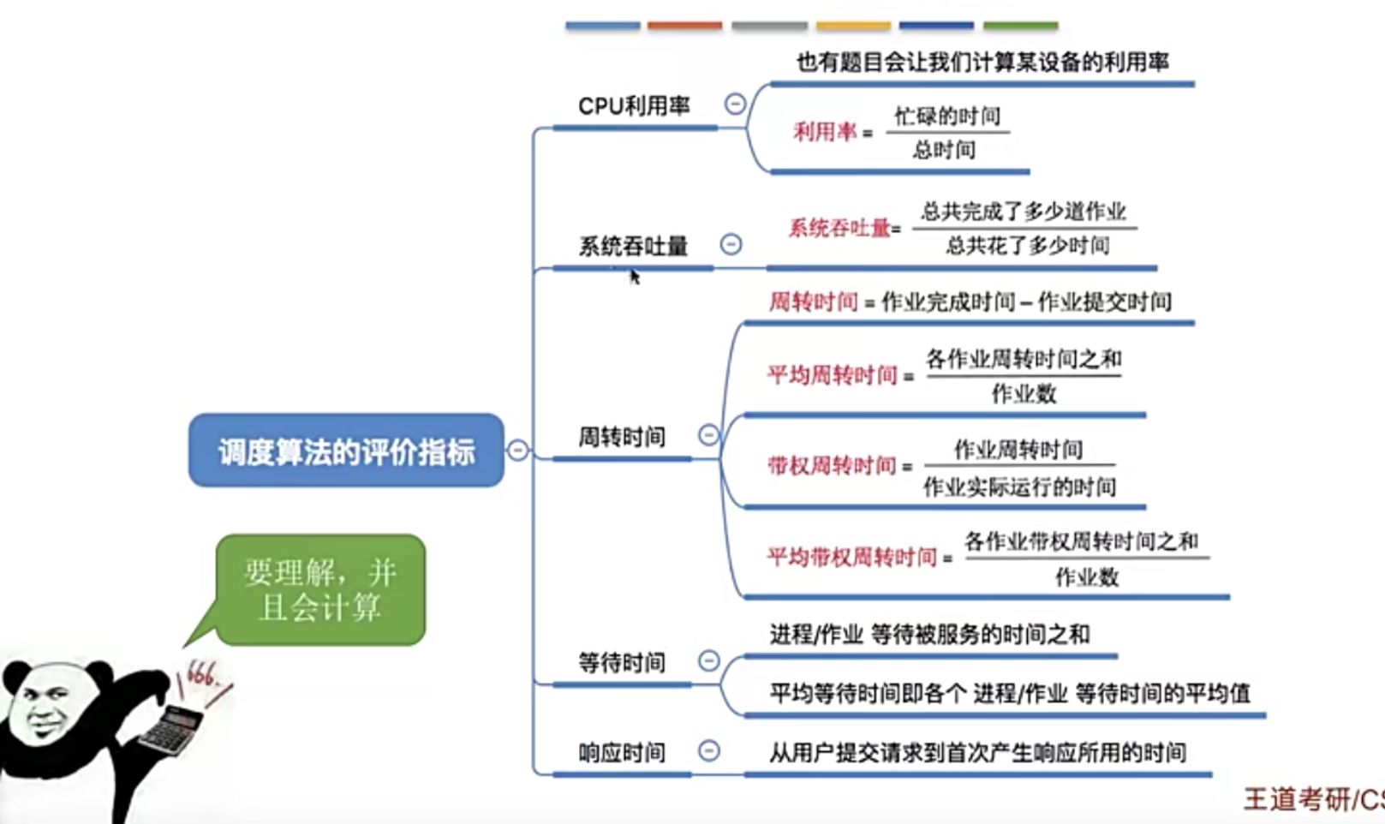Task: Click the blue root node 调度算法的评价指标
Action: (346, 451)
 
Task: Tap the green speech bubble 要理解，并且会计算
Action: (320, 590)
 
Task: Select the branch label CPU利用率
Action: (634, 106)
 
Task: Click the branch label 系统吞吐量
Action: (633, 247)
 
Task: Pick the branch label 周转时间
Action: (621, 437)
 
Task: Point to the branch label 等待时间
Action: (621, 663)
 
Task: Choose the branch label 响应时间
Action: (621, 753)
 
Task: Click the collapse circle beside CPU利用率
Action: (735, 104)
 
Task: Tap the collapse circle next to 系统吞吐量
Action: (731, 244)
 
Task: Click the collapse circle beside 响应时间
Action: (708, 751)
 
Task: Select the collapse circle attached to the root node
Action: (517, 450)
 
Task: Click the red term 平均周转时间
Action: (832, 375)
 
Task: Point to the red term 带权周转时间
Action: (832, 466)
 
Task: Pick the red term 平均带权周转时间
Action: (851, 558)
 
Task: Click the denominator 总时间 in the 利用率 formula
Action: (944, 151)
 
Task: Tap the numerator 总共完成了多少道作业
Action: (1024, 212)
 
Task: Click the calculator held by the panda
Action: (171, 729)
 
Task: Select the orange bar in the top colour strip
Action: (684, 26)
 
